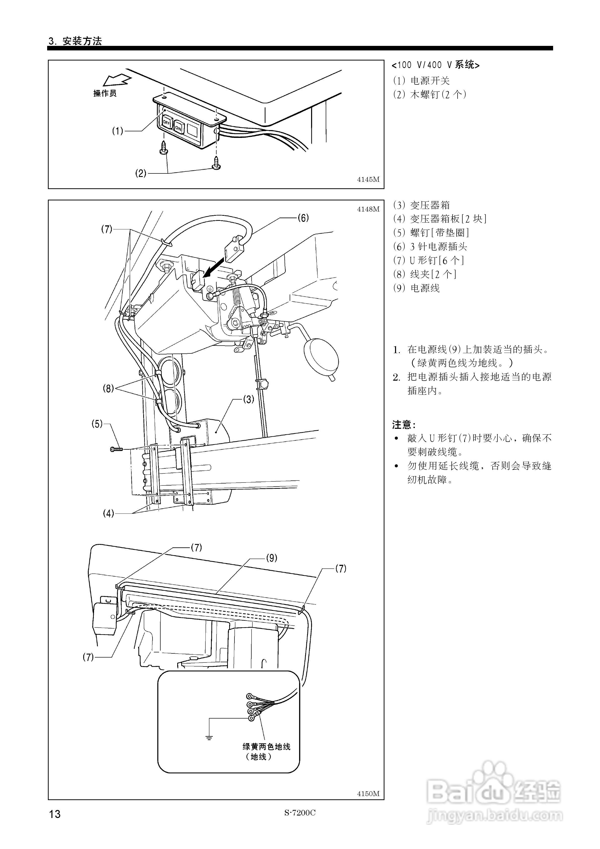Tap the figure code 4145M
click(x=368, y=180)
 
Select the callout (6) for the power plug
click(x=303, y=218)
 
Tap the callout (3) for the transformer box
click(x=248, y=399)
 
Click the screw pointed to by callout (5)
click(x=116, y=449)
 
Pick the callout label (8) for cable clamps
click(x=108, y=389)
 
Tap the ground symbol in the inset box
click(x=209, y=738)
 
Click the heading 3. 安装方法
click(x=75, y=41)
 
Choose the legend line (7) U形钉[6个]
click(x=428, y=260)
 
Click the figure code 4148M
click(x=368, y=209)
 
